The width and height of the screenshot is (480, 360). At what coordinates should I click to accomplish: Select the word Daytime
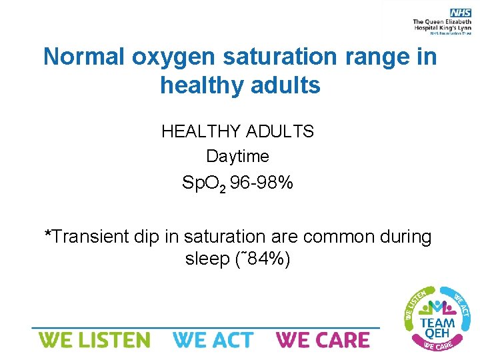237,156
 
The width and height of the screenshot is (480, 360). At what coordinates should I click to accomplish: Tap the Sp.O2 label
205,183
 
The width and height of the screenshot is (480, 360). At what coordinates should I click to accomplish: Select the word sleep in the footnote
207,259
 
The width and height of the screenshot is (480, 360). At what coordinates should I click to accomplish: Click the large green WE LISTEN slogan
94,340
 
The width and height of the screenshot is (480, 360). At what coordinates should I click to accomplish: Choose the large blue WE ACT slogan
213,340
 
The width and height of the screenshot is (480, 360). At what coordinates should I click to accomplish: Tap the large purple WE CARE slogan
323,340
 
